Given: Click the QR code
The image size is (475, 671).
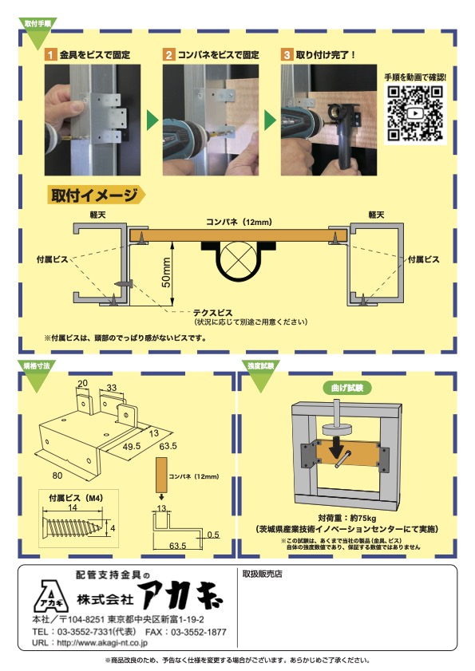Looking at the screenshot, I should pyautogui.click(x=415, y=114).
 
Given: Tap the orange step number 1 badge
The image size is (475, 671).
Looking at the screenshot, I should pyautogui.click(x=49, y=55).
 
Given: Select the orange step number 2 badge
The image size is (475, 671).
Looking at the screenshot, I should pyautogui.click(x=169, y=55).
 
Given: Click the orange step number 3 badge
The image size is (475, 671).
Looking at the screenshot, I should pyautogui.click(x=287, y=55).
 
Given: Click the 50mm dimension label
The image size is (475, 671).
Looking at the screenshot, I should pyautogui.click(x=165, y=271).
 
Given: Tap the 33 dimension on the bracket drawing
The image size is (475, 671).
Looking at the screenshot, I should pyautogui.click(x=112, y=387).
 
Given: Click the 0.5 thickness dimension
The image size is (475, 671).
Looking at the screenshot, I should pyautogui.click(x=213, y=535).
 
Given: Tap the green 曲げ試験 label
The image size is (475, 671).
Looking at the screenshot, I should pyautogui.click(x=346, y=388).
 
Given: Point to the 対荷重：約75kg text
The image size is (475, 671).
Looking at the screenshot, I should pyautogui.click(x=346, y=516).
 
